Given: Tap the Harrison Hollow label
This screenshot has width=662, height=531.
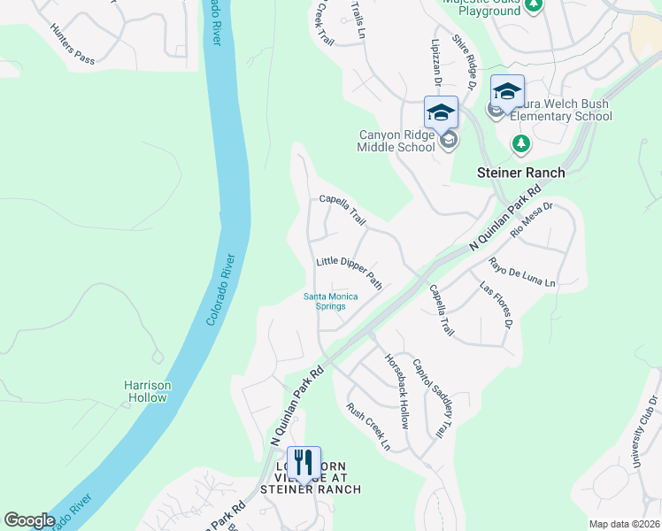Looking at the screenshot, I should (146, 391).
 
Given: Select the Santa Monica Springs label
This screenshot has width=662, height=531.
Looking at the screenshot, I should (330, 302).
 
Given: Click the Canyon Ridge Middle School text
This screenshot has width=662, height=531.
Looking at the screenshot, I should (396, 141).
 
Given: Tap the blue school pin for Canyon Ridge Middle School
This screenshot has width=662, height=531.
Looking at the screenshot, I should (441, 113).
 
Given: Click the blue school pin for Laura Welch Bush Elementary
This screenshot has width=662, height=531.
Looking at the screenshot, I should (507, 93).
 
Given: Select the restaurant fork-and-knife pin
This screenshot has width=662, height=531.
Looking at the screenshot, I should (304, 463).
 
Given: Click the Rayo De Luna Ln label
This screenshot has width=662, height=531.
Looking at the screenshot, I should (521, 272).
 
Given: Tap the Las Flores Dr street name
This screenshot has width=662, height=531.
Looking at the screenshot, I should (496, 304).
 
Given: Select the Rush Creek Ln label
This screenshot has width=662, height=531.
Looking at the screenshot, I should (367, 426).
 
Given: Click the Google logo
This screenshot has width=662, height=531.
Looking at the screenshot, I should (29, 520).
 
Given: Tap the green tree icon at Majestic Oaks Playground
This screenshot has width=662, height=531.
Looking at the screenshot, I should (533, 4).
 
